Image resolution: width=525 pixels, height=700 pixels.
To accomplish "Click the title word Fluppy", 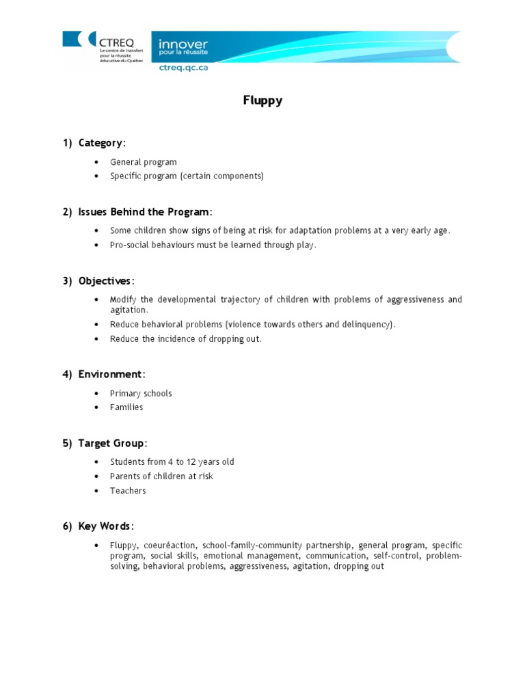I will click(262, 100).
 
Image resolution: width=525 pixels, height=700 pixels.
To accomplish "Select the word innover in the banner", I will click(183, 44).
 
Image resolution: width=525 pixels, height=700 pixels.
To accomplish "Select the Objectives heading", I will click(106, 281).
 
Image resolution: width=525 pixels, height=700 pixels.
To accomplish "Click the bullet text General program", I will click(144, 162).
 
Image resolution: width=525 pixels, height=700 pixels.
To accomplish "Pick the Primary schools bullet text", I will click(141, 393).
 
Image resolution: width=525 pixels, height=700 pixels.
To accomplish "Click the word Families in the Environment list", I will click(126, 407).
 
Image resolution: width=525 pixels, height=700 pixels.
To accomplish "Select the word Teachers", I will click(128, 491).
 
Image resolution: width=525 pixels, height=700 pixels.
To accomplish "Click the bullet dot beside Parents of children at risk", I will click(96, 476).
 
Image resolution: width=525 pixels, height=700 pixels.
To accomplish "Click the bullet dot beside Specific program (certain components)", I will click(96, 176).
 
